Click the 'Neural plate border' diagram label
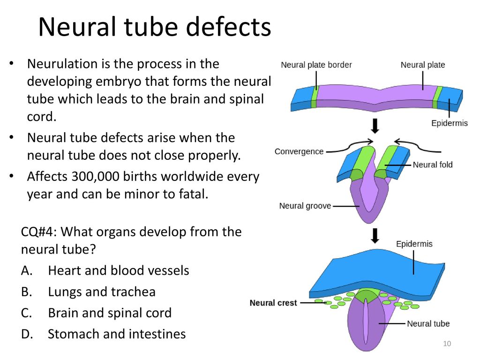pyautogui.click(x=316, y=65)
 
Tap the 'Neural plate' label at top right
pyautogui.click(x=423, y=65)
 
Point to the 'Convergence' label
pyautogui.click(x=299, y=151)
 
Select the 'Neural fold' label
pyautogui.click(x=433, y=165)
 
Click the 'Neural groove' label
pyautogui.click(x=305, y=206)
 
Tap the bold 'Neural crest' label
pyautogui.click(x=273, y=303)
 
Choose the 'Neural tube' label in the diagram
pyautogui.click(x=428, y=323)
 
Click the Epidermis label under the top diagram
pyautogui.click(x=450, y=123)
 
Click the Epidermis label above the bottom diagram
pyautogui.click(x=414, y=244)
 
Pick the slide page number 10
pyautogui.click(x=447, y=344)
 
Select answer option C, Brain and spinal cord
pyautogui.click(x=110, y=313)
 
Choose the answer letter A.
pyautogui.click(x=27, y=270)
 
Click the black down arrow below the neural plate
pyautogui.click(x=375, y=126)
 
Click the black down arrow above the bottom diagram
pyautogui.click(x=375, y=235)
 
